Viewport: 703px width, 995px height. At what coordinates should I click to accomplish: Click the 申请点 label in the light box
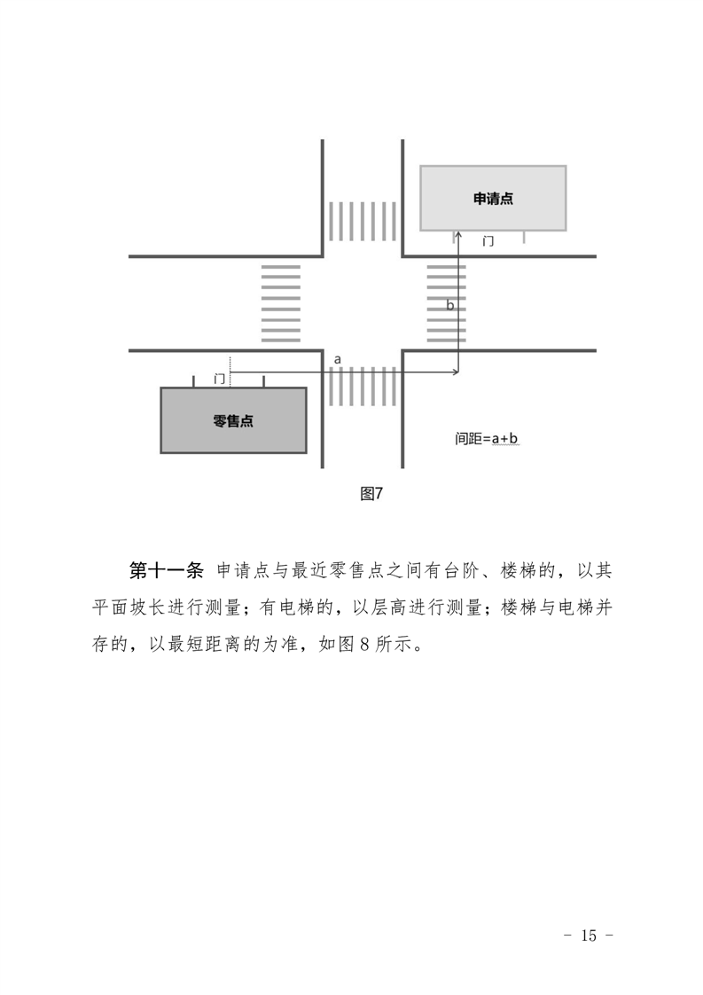pyautogui.click(x=493, y=199)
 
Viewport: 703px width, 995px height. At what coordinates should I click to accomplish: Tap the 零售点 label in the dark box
pyautogui.click(x=233, y=421)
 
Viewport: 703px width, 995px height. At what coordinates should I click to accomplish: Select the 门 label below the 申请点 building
pyautogui.click(x=488, y=241)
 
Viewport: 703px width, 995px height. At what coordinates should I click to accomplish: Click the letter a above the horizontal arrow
pyautogui.click(x=338, y=359)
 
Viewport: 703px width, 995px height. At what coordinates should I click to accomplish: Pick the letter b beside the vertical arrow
pyautogui.click(x=450, y=305)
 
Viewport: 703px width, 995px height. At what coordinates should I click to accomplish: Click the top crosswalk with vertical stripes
pyautogui.click(x=362, y=222)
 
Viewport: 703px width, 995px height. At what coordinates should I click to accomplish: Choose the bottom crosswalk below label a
pyautogui.click(x=362, y=387)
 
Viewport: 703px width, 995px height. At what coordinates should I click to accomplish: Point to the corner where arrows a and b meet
pyautogui.click(x=457, y=372)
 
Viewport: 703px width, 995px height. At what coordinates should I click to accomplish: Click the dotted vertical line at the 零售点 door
pyautogui.click(x=230, y=369)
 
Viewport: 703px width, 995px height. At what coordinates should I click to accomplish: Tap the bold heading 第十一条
pyautogui.click(x=168, y=569)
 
